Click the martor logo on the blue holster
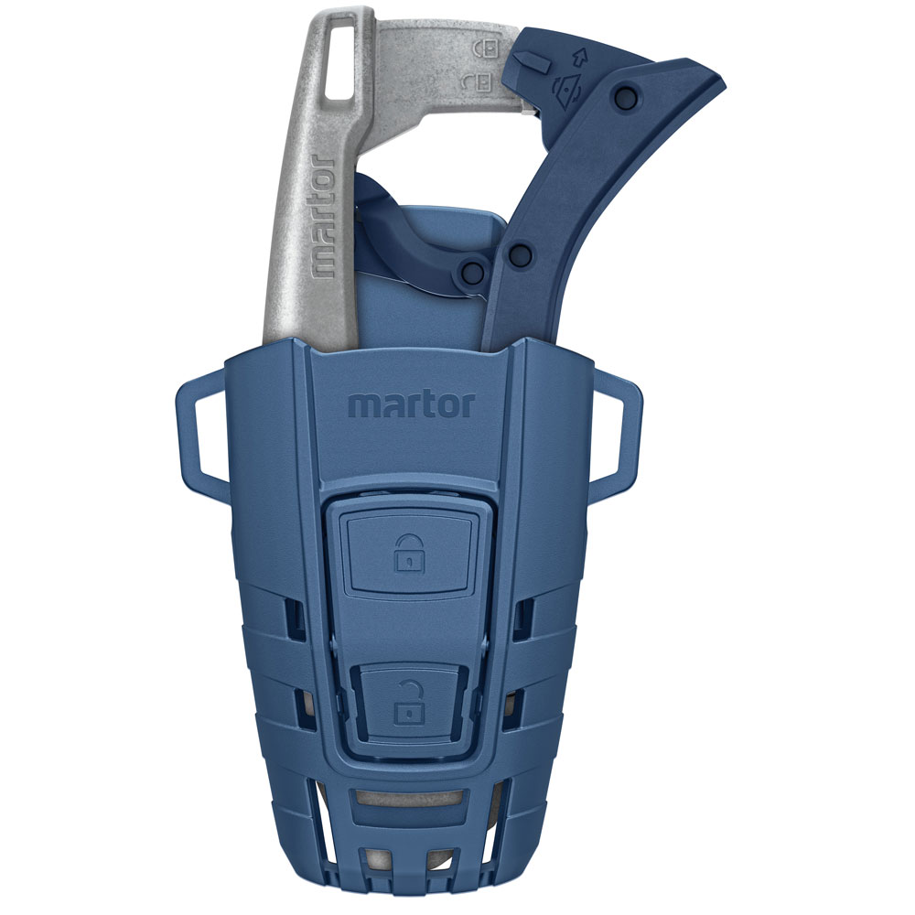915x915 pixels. click(411, 404)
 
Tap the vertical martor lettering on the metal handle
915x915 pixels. click(322, 216)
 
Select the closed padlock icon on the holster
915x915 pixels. click(404, 554)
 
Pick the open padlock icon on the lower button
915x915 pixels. click(404, 704)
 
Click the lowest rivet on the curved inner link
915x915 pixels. click(473, 271)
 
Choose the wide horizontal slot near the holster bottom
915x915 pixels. click(407, 798)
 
